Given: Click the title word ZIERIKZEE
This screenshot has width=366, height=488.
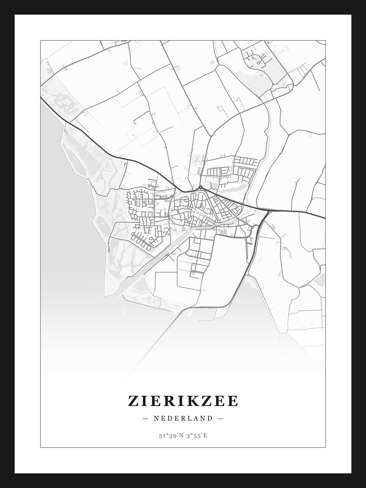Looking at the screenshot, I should click(x=183, y=401).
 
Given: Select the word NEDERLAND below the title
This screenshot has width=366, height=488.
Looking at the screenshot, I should click(x=183, y=418).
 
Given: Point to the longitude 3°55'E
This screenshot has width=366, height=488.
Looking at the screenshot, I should click(x=197, y=435).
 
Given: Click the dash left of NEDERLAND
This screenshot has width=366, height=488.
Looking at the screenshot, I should click(x=145, y=418).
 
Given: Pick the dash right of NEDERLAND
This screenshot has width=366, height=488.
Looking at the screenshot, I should click(x=221, y=418).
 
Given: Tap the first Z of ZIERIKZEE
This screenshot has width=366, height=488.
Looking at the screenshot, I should click(x=133, y=401).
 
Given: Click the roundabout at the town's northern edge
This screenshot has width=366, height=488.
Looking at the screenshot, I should click(x=200, y=187).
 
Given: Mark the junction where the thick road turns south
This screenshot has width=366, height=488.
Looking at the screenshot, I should click(x=267, y=212).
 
